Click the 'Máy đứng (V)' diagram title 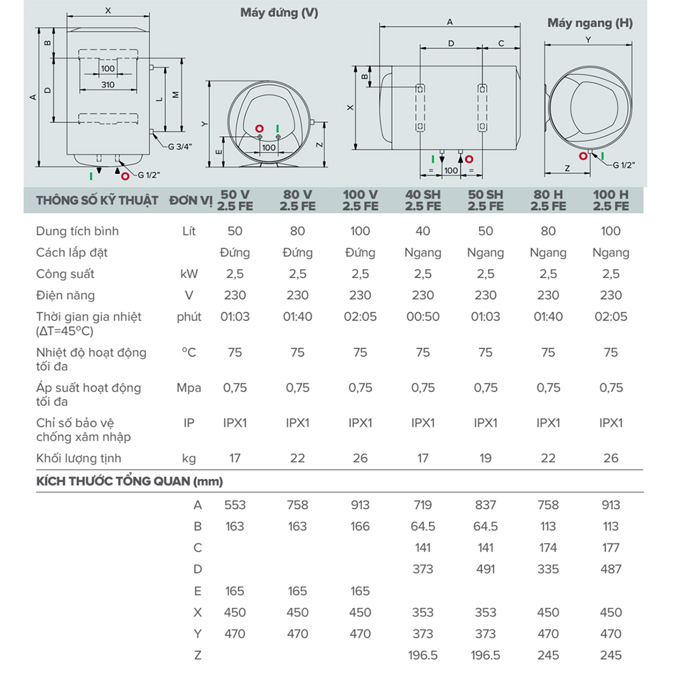(279, 12)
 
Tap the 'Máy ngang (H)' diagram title (589, 23)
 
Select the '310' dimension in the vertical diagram (108, 84)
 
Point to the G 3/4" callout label (180, 147)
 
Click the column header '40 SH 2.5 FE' (423, 200)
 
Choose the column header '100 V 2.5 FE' (360, 200)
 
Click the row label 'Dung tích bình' (77, 231)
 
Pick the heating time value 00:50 (423, 317)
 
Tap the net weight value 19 (485, 458)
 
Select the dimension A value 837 (485, 505)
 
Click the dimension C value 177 (611, 548)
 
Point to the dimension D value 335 (548, 569)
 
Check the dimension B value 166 (360, 526)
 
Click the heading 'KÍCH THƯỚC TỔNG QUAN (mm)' (129, 481)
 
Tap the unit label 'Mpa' (189, 388)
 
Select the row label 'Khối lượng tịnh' (78, 458)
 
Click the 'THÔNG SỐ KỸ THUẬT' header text (97, 201)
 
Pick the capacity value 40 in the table (423, 231)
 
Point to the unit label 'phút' (189, 317)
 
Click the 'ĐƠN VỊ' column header (191, 201)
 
